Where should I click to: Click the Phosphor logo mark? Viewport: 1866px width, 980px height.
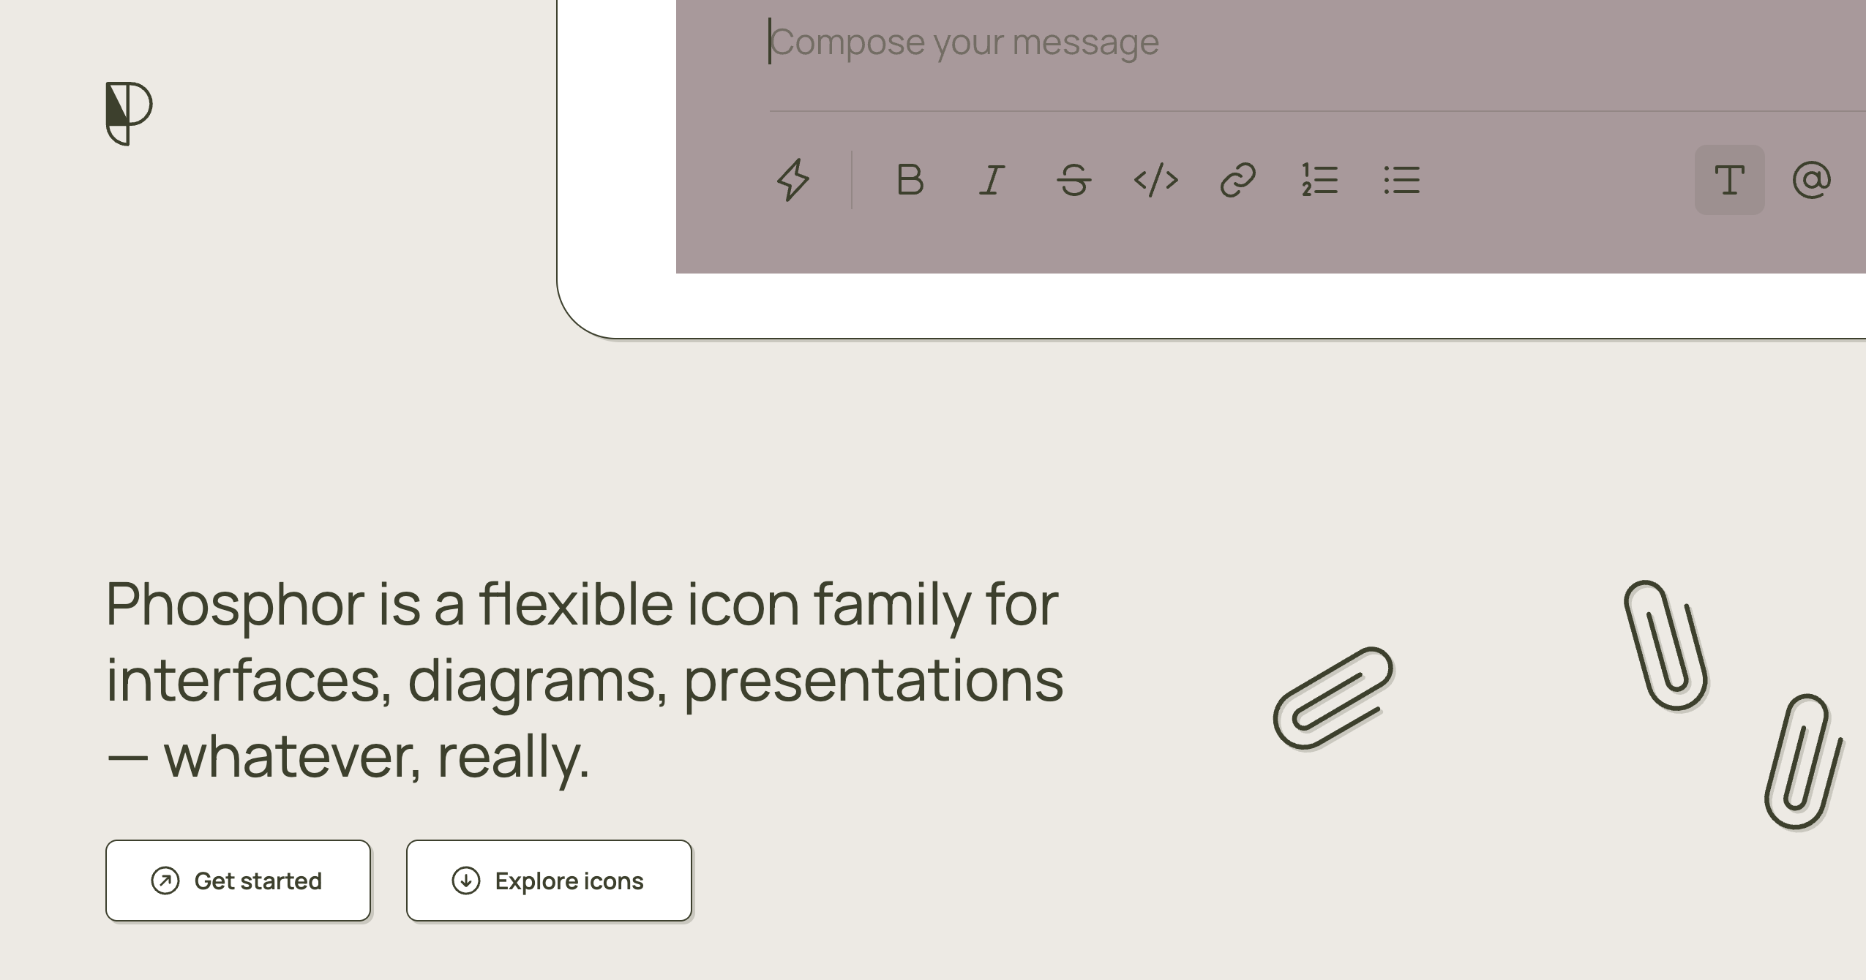(x=129, y=113)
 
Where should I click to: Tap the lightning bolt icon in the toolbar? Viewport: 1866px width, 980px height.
(x=793, y=180)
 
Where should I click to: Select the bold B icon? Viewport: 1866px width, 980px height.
(x=910, y=180)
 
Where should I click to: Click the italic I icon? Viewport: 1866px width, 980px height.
(x=992, y=180)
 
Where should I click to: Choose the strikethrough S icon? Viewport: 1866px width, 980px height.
(x=1073, y=180)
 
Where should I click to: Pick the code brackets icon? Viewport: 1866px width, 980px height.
(x=1156, y=180)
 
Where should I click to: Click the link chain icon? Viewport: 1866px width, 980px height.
(x=1238, y=180)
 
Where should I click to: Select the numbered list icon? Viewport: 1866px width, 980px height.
(x=1320, y=180)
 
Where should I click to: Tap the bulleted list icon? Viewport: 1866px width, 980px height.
(x=1402, y=180)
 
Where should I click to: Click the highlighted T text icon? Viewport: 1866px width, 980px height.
(x=1730, y=180)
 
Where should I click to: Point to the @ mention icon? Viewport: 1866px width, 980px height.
(x=1812, y=180)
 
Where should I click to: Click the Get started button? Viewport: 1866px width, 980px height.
(x=239, y=881)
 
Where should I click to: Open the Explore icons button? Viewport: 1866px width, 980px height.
(x=549, y=881)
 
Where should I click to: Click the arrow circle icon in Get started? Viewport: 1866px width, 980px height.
(x=165, y=881)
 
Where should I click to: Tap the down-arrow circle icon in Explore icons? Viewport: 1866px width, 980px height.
(x=466, y=881)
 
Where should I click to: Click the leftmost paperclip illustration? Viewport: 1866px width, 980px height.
(x=1333, y=698)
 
